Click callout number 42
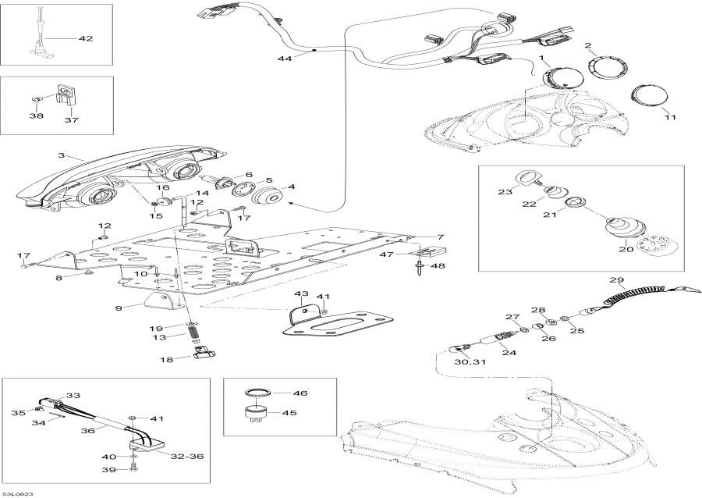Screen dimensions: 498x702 click(86, 37)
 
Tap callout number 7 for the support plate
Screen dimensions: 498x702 click(440, 237)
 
